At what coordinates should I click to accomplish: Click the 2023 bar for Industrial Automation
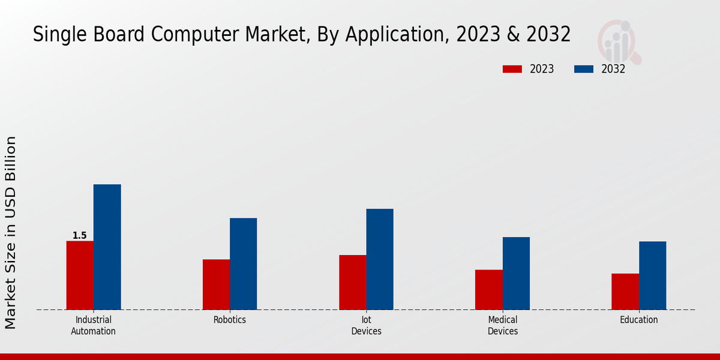click(80, 275)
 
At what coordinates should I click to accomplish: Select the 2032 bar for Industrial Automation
click(107, 247)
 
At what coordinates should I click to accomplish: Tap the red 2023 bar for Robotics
click(216, 284)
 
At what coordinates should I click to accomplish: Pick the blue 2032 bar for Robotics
click(243, 264)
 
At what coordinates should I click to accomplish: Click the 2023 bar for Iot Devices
click(352, 283)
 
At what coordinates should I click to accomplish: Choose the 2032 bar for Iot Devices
click(380, 259)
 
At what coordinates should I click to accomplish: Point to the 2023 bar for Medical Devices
click(488, 290)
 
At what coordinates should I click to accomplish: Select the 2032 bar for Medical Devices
click(516, 274)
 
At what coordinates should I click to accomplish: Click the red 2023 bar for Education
click(625, 292)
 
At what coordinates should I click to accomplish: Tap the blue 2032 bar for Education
click(652, 275)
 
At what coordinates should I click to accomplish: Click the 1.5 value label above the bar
click(80, 236)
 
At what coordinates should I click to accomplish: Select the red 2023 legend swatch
click(512, 69)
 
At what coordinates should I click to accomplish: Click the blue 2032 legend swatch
click(583, 69)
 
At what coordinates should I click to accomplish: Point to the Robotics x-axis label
click(230, 320)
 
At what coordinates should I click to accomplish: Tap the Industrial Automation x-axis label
click(94, 325)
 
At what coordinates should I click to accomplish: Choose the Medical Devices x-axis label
click(503, 325)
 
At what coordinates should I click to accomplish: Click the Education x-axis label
click(639, 320)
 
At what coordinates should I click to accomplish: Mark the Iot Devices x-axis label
click(366, 325)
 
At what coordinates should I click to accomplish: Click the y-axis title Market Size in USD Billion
click(11, 233)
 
